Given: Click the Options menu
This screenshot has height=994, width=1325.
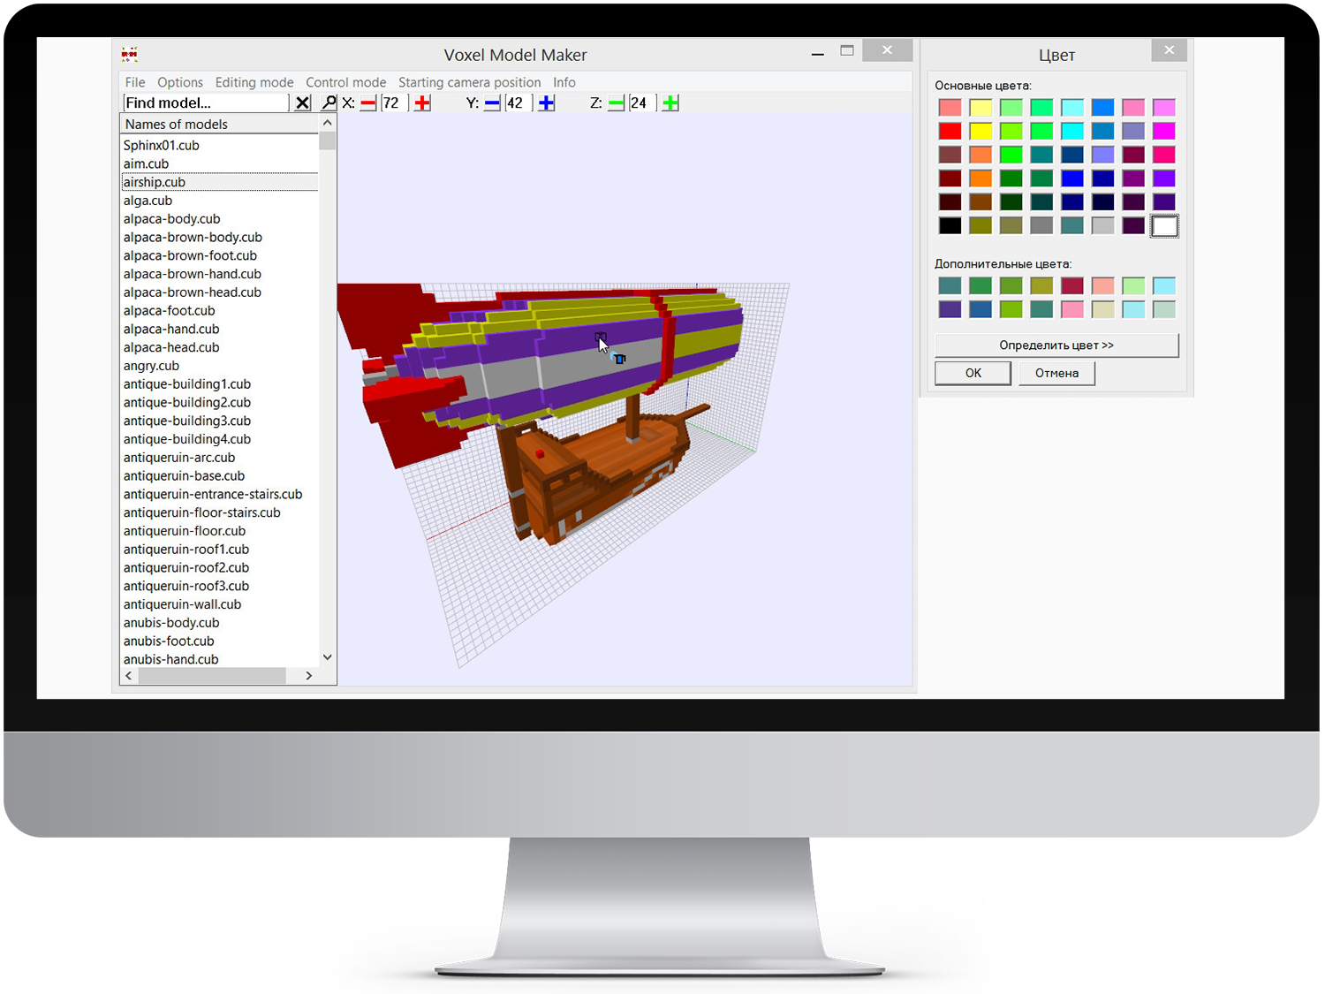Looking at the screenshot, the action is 180,82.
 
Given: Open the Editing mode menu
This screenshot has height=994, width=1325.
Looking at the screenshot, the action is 254,82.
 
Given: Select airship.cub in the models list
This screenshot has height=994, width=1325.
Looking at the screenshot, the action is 155,182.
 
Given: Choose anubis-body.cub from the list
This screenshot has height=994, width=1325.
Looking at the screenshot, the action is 171,622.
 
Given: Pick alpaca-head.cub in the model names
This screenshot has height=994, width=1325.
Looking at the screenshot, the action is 171,347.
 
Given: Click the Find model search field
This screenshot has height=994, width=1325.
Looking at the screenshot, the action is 206,102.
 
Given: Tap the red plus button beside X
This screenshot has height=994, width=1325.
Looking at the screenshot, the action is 422,102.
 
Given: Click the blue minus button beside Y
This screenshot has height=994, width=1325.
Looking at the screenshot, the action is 492,103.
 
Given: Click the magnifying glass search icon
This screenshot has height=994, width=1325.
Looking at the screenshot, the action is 329,102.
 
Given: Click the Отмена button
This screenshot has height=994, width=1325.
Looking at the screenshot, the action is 1056,373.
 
